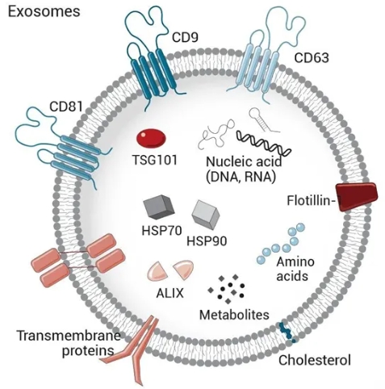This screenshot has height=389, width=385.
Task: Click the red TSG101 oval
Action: click(x=151, y=138)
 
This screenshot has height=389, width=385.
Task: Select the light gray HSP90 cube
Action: click(x=206, y=215)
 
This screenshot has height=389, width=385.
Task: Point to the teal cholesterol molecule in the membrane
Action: click(x=287, y=333)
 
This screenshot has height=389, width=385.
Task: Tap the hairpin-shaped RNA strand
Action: click(x=262, y=119)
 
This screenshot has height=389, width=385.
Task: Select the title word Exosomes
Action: click(x=44, y=12)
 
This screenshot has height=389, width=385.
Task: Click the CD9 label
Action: click(x=185, y=37)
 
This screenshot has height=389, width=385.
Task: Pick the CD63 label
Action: click(x=312, y=57)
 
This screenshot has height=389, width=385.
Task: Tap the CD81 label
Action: click(x=66, y=107)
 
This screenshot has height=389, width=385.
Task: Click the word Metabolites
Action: click(x=234, y=315)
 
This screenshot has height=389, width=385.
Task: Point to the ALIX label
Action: click(x=169, y=293)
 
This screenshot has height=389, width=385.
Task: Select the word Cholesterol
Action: click(x=315, y=360)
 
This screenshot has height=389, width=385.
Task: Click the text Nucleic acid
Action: click(x=244, y=161)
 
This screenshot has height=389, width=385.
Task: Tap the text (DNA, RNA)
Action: click(x=241, y=178)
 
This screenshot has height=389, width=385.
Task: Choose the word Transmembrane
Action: click(x=69, y=336)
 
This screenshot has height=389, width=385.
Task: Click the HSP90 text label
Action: click(x=207, y=241)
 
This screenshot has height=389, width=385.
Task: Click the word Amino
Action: click(x=295, y=261)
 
